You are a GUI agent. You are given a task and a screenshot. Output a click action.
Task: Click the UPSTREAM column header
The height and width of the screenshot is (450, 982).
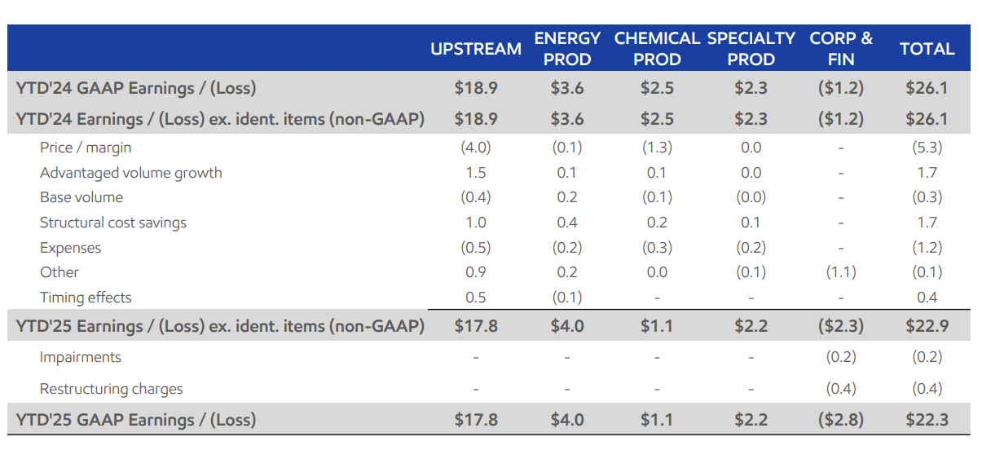(x=476, y=49)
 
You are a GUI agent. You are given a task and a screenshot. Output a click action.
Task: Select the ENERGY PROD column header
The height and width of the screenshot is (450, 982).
(x=567, y=49)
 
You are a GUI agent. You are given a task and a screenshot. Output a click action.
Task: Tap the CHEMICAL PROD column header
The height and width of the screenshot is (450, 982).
(x=657, y=49)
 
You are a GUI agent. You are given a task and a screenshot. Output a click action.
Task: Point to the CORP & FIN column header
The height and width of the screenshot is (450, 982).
(x=840, y=49)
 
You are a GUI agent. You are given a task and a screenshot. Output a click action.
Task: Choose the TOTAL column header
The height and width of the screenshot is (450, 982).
(x=927, y=49)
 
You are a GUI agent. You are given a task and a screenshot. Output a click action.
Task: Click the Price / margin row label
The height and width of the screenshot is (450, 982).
(x=86, y=148)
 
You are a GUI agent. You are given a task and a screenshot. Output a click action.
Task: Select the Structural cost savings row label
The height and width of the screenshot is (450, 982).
(x=113, y=223)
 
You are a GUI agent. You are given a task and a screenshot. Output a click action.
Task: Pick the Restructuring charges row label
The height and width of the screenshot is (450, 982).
(x=112, y=389)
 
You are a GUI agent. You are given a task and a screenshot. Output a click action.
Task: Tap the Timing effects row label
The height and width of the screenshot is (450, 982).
(x=86, y=298)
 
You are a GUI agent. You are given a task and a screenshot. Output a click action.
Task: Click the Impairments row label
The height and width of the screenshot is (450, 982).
(x=81, y=357)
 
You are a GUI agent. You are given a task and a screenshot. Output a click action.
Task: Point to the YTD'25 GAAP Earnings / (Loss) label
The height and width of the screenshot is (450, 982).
(x=136, y=420)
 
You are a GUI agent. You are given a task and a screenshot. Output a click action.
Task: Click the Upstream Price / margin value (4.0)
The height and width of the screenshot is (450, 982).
(x=476, y=148)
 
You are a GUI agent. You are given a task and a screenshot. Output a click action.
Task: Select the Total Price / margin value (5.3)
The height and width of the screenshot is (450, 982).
(x=927, y=148)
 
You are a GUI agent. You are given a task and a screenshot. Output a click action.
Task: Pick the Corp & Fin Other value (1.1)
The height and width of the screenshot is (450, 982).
(x=840, y=272)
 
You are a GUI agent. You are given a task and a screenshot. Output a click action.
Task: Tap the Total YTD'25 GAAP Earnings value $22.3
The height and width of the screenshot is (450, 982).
(x=927, y=420)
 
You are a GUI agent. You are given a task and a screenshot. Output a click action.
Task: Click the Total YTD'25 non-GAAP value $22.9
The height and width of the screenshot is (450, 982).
(x=927, y=326)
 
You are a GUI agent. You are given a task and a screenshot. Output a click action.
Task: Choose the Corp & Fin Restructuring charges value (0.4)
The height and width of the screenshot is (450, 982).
(x=840, y=389)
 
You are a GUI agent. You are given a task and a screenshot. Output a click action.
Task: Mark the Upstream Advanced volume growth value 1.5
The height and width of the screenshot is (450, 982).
(x=476, y=173)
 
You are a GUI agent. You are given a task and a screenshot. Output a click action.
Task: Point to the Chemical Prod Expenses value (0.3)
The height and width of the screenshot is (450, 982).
(x=657, y=248)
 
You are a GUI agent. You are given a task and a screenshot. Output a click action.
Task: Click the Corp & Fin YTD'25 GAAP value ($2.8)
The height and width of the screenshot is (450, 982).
(x=840, y=420)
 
